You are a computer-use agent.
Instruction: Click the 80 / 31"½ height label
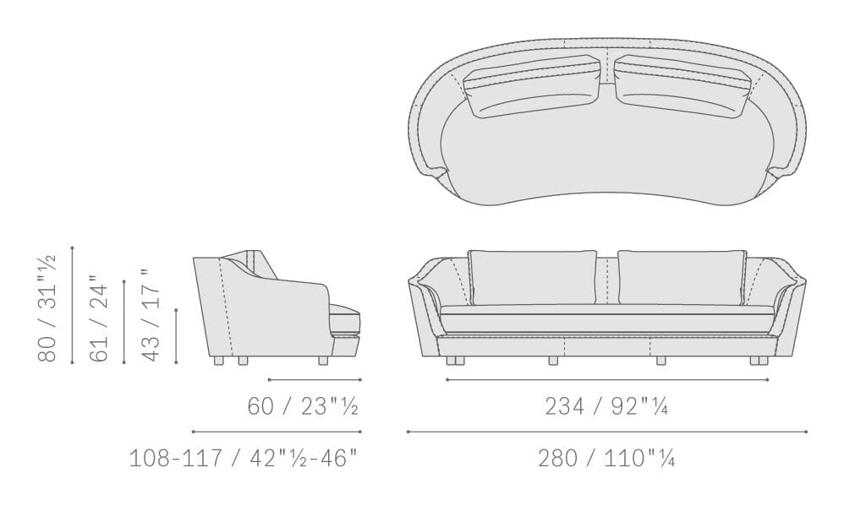tap(47, 307)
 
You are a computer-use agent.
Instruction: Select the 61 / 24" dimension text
tap(99, 319)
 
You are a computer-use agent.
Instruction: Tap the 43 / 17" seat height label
tap(151, 315)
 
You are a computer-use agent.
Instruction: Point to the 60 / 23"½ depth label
tap(303, 406)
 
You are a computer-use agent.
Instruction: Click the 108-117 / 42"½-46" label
tap(244, 458)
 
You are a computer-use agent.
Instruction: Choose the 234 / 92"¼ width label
tap(606, 406)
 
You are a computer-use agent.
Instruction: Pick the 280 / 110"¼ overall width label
tap(606, 458)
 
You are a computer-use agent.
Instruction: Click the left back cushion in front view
tap(533, 278)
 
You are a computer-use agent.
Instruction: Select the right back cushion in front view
tap(682, 278)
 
